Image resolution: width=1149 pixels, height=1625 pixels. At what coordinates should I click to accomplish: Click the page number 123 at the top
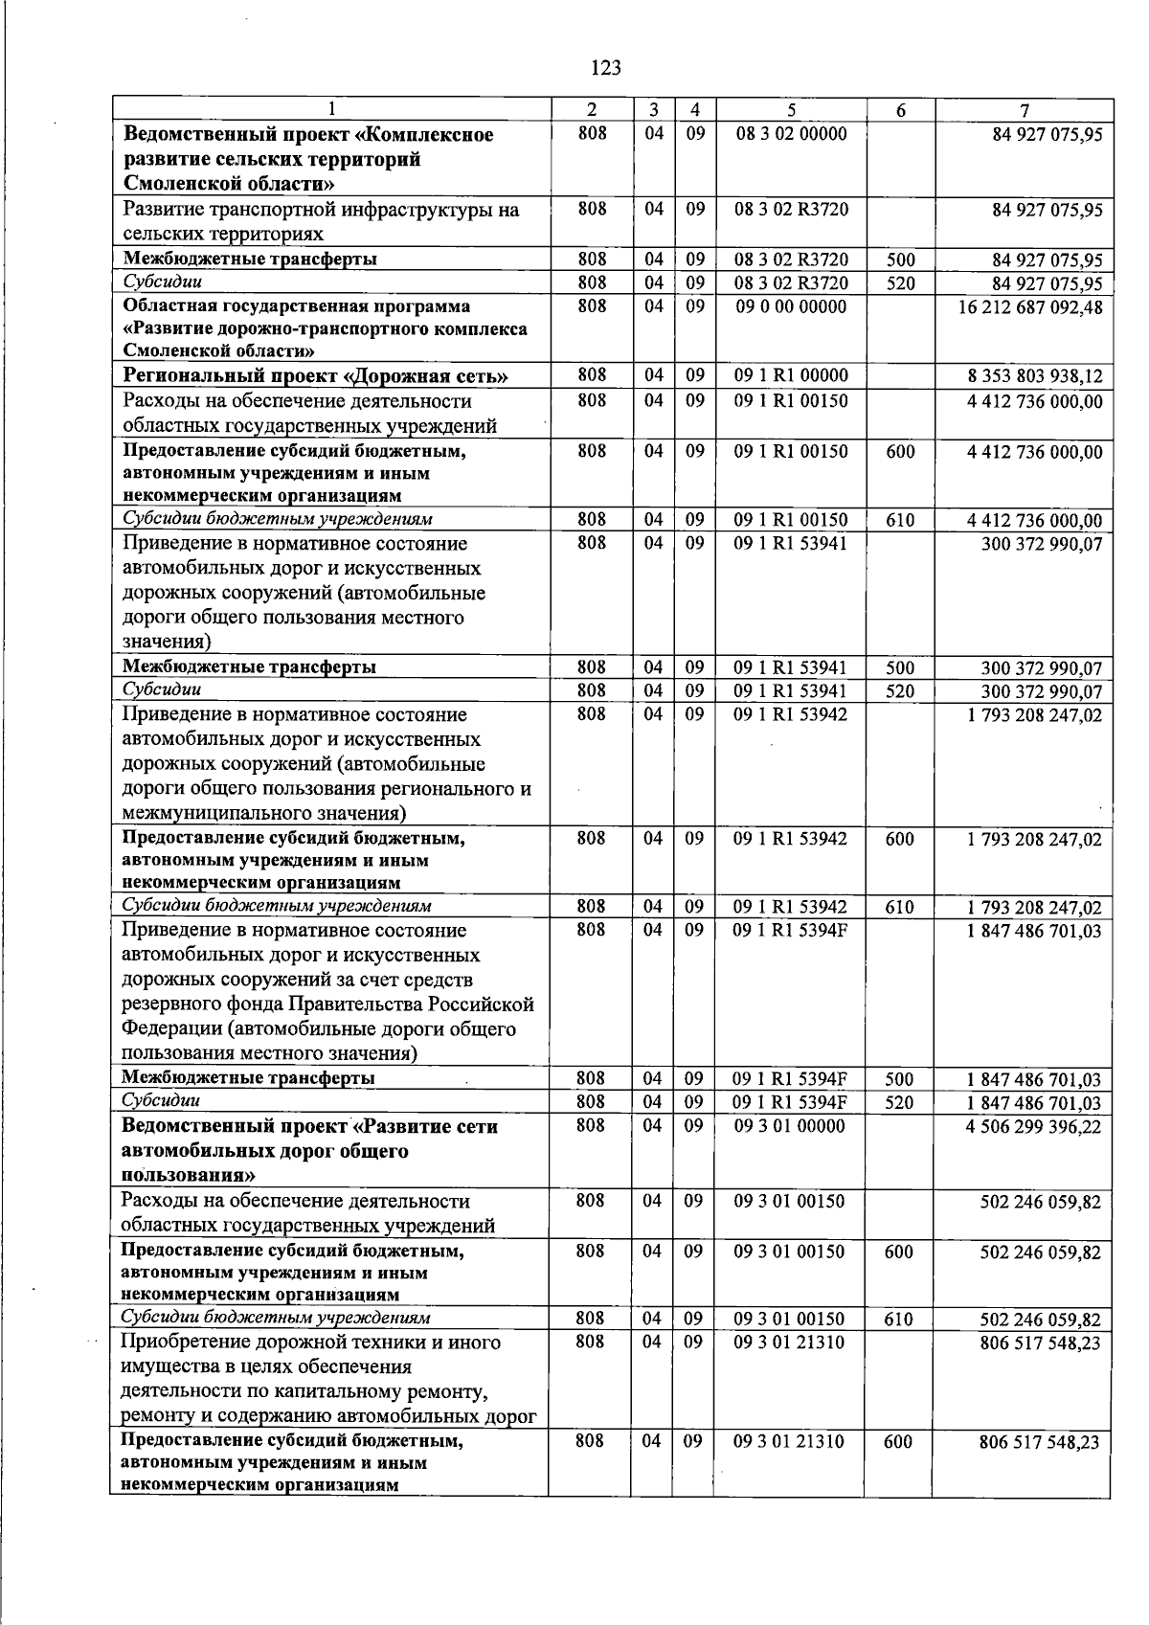606,68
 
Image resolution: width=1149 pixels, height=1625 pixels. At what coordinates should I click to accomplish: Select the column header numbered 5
791,110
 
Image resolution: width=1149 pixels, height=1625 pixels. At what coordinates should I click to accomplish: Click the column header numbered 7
1024,110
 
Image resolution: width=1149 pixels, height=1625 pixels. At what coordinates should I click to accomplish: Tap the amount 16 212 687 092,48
1029,307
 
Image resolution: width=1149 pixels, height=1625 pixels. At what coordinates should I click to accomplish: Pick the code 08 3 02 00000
791,134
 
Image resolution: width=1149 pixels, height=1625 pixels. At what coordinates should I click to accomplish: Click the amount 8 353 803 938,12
1035,376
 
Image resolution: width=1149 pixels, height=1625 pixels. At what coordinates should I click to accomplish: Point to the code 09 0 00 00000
791,307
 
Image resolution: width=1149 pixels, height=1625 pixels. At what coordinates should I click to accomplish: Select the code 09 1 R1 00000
791,376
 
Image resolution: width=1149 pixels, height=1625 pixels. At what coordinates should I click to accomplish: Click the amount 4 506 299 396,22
1034,1127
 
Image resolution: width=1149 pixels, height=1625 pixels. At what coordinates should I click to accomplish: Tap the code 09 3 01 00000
790,1127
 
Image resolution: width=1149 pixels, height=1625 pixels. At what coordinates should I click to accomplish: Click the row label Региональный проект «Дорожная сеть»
315,376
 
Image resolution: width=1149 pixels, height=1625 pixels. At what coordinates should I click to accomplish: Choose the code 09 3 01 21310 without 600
790,1343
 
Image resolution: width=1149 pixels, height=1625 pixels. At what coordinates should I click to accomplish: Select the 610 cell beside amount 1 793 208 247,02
899,907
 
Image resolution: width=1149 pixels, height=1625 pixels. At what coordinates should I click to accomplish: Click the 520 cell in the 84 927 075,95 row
899,283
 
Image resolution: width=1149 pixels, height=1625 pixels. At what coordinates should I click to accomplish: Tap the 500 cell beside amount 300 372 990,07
899,668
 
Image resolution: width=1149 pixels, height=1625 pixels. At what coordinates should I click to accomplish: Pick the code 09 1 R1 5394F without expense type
790,931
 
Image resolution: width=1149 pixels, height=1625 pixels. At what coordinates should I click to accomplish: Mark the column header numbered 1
331,110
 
